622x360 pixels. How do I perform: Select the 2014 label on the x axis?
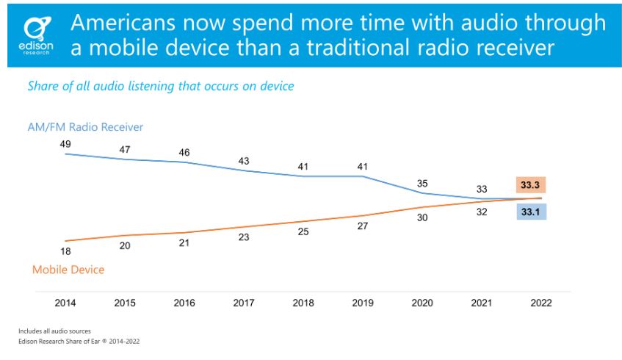point(65,302)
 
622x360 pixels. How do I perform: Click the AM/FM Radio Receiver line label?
point(85,127)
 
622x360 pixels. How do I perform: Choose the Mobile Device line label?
point(68,270)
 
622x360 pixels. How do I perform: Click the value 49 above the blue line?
point(65,144)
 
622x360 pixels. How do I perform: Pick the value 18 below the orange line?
point(65,251)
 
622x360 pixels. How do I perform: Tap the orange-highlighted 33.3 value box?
point(529,184)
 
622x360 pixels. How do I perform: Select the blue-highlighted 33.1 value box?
point(529,213)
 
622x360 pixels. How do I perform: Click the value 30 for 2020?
point(423,217)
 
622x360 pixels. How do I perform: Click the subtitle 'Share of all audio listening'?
point(161,86)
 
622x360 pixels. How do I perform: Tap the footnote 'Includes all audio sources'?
point(49,331)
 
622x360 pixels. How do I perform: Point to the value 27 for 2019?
point(363,226)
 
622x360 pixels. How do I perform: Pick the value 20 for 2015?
point(124,245)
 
